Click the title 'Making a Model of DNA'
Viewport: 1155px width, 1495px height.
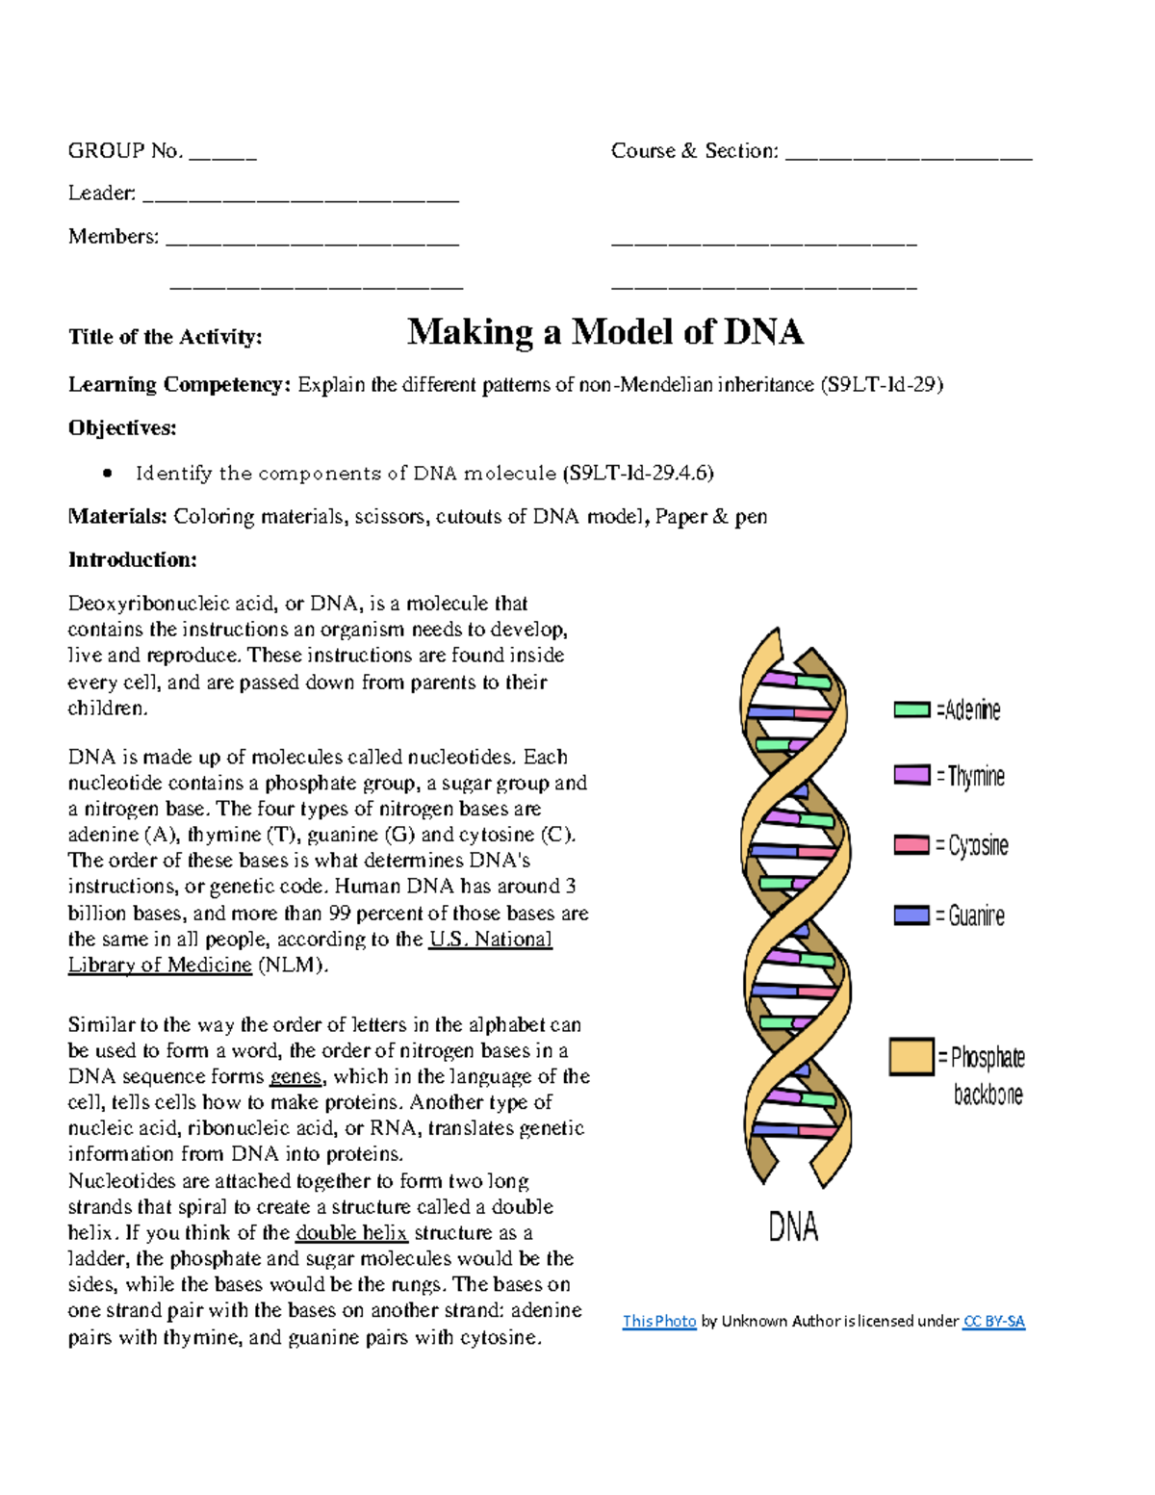pos(604,332)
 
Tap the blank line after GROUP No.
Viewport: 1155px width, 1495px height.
pos(222,155)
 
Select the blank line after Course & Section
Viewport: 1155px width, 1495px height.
pos(908,155)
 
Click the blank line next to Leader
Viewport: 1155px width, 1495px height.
pos(300,198)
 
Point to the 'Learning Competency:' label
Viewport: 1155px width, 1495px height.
pos(178,385)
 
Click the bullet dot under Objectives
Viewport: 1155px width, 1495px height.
pos(108,473)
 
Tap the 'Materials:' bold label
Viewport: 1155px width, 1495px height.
pos(117,517)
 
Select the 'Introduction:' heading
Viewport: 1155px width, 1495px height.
pos(132,560)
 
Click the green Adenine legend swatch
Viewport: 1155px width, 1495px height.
pos(911,710)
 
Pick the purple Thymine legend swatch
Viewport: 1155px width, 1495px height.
pos(911,775)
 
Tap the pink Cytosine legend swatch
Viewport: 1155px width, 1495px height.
pos(911,845)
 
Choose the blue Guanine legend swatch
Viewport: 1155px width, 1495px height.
pos(911,915)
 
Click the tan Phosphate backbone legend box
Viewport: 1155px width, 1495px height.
pos(911,1056)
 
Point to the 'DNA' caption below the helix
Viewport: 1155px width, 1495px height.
pos(793,1227)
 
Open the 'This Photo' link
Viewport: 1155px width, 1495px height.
pos(658,1322)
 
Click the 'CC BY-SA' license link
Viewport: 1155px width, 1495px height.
pos(993,1322)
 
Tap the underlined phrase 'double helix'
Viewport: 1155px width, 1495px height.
pos(351,1233)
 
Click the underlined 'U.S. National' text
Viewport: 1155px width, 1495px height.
pos(490,940)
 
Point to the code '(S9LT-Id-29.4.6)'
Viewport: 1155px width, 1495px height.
pos(638,473)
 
